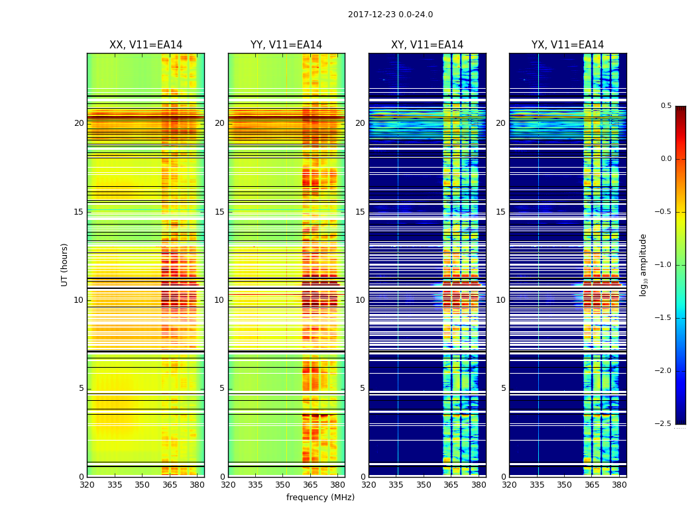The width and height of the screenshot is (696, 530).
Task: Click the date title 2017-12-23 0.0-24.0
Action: (x=390, y=15)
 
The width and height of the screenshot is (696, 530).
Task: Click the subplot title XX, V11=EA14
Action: (x=146, y=45)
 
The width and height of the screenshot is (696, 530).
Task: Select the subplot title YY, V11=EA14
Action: (x=286, y=45)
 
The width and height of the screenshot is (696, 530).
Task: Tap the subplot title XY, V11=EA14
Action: (x=427, y=45)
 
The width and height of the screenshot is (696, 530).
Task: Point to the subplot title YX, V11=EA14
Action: (x=567, y=45)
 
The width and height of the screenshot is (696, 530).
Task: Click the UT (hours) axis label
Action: (x=65, y=264)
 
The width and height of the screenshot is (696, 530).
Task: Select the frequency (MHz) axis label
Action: (x=320, y=498)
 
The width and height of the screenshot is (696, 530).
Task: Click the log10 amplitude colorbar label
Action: (x=643, y=264)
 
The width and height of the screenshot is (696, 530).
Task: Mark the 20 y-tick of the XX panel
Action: (x=79, y=123)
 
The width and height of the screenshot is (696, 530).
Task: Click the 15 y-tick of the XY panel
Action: (x=360, y=212)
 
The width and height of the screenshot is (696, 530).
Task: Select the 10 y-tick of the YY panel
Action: (x=219, y=300)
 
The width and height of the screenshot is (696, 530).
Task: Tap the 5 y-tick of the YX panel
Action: (x=503, y=388)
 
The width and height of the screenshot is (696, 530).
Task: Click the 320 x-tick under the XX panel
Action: (x=87, y=485)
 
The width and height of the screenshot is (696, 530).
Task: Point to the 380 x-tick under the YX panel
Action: (x=619, y=485)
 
